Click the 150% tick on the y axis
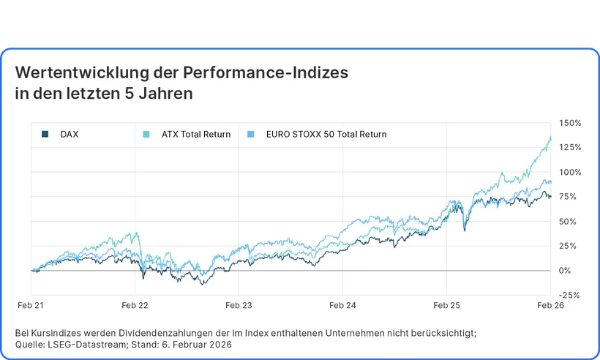[570, 123]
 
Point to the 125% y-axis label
[570, 147]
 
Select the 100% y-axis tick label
[570, 172]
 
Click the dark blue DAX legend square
[45, 135]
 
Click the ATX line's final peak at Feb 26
[550, 137]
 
